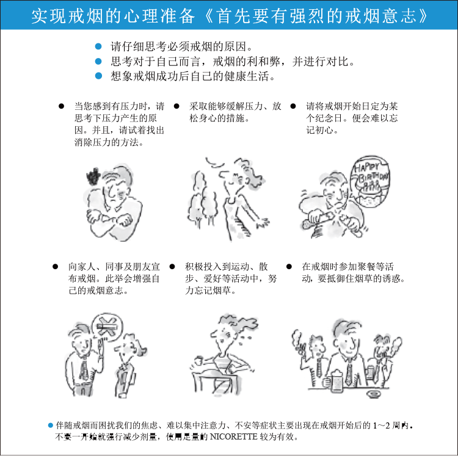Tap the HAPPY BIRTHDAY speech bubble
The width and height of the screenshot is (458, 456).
click(x=370, y=181)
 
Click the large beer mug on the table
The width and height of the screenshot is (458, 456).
click(x=334, y=380)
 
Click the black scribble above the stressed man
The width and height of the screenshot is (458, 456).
click(x=93, y=176)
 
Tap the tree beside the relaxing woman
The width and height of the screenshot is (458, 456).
click(x=202, y=199)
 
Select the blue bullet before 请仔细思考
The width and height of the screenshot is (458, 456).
click(x=98, y=46)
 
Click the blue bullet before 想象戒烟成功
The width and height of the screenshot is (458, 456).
click(x=98, y=76)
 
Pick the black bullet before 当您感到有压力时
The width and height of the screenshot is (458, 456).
click(x=61, y=106)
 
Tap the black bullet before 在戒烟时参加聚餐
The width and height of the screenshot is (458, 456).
click(x=289, y=267)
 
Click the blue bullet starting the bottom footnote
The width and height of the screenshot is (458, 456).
click(x=51, y=425)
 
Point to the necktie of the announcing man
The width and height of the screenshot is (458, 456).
click(x=84, y=370)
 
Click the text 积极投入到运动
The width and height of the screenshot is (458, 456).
click(x=217, y=267)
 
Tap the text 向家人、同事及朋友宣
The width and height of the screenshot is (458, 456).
click(x=114, y=267)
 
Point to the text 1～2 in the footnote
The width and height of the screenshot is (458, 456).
click(x=382, y=425)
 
